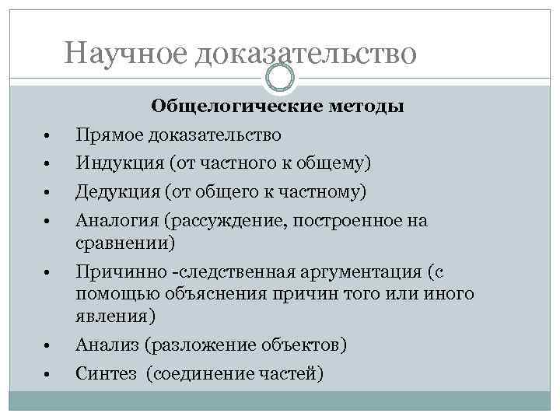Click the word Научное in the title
[127, 53]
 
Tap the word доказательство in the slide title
[306, 53]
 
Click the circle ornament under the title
[280, 77]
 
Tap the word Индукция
[114, 163]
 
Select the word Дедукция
[114, 191]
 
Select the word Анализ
[105, 345]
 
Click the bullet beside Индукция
[47, 164]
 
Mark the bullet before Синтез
[47, 375]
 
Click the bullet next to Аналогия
[47, 222]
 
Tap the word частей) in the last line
[293, 374]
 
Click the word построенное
[353, 222]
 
